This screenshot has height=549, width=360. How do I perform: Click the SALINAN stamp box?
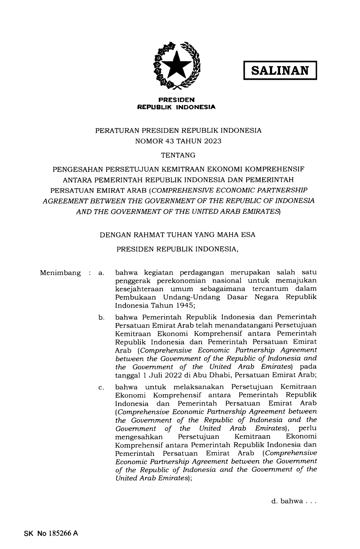point(280,70)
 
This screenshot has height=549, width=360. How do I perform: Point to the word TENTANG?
point(178,155)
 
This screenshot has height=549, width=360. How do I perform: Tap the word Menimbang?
point(60,273)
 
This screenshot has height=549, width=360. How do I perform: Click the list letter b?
point(101,318)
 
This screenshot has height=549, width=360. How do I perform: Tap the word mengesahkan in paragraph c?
point(139,437)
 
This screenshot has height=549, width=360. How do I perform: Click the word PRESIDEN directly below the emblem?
point(176,100)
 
